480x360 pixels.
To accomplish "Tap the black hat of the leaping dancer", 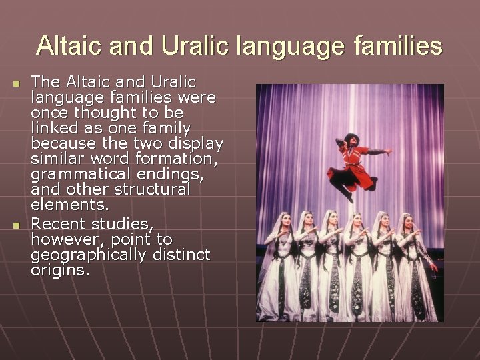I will (x=351, y=138).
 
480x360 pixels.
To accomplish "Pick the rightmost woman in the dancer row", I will (x=415, y=267).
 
